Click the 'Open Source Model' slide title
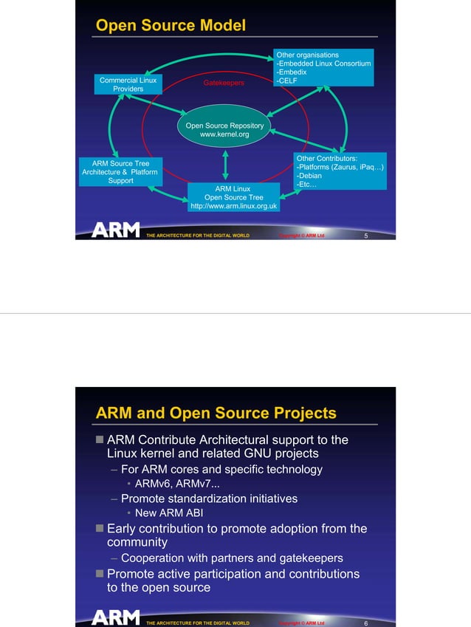[171, 26]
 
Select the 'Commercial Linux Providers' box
[128, 84]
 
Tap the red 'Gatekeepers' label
[223, 83]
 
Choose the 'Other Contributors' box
[339, 171]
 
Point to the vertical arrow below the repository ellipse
[224, 164]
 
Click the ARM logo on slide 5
[115, 230]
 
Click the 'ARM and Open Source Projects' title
[216, 414]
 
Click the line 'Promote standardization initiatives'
[209, 498]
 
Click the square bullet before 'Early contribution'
[100, 529]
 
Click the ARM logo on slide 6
[115, 617]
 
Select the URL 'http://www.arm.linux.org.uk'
[233, 207]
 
